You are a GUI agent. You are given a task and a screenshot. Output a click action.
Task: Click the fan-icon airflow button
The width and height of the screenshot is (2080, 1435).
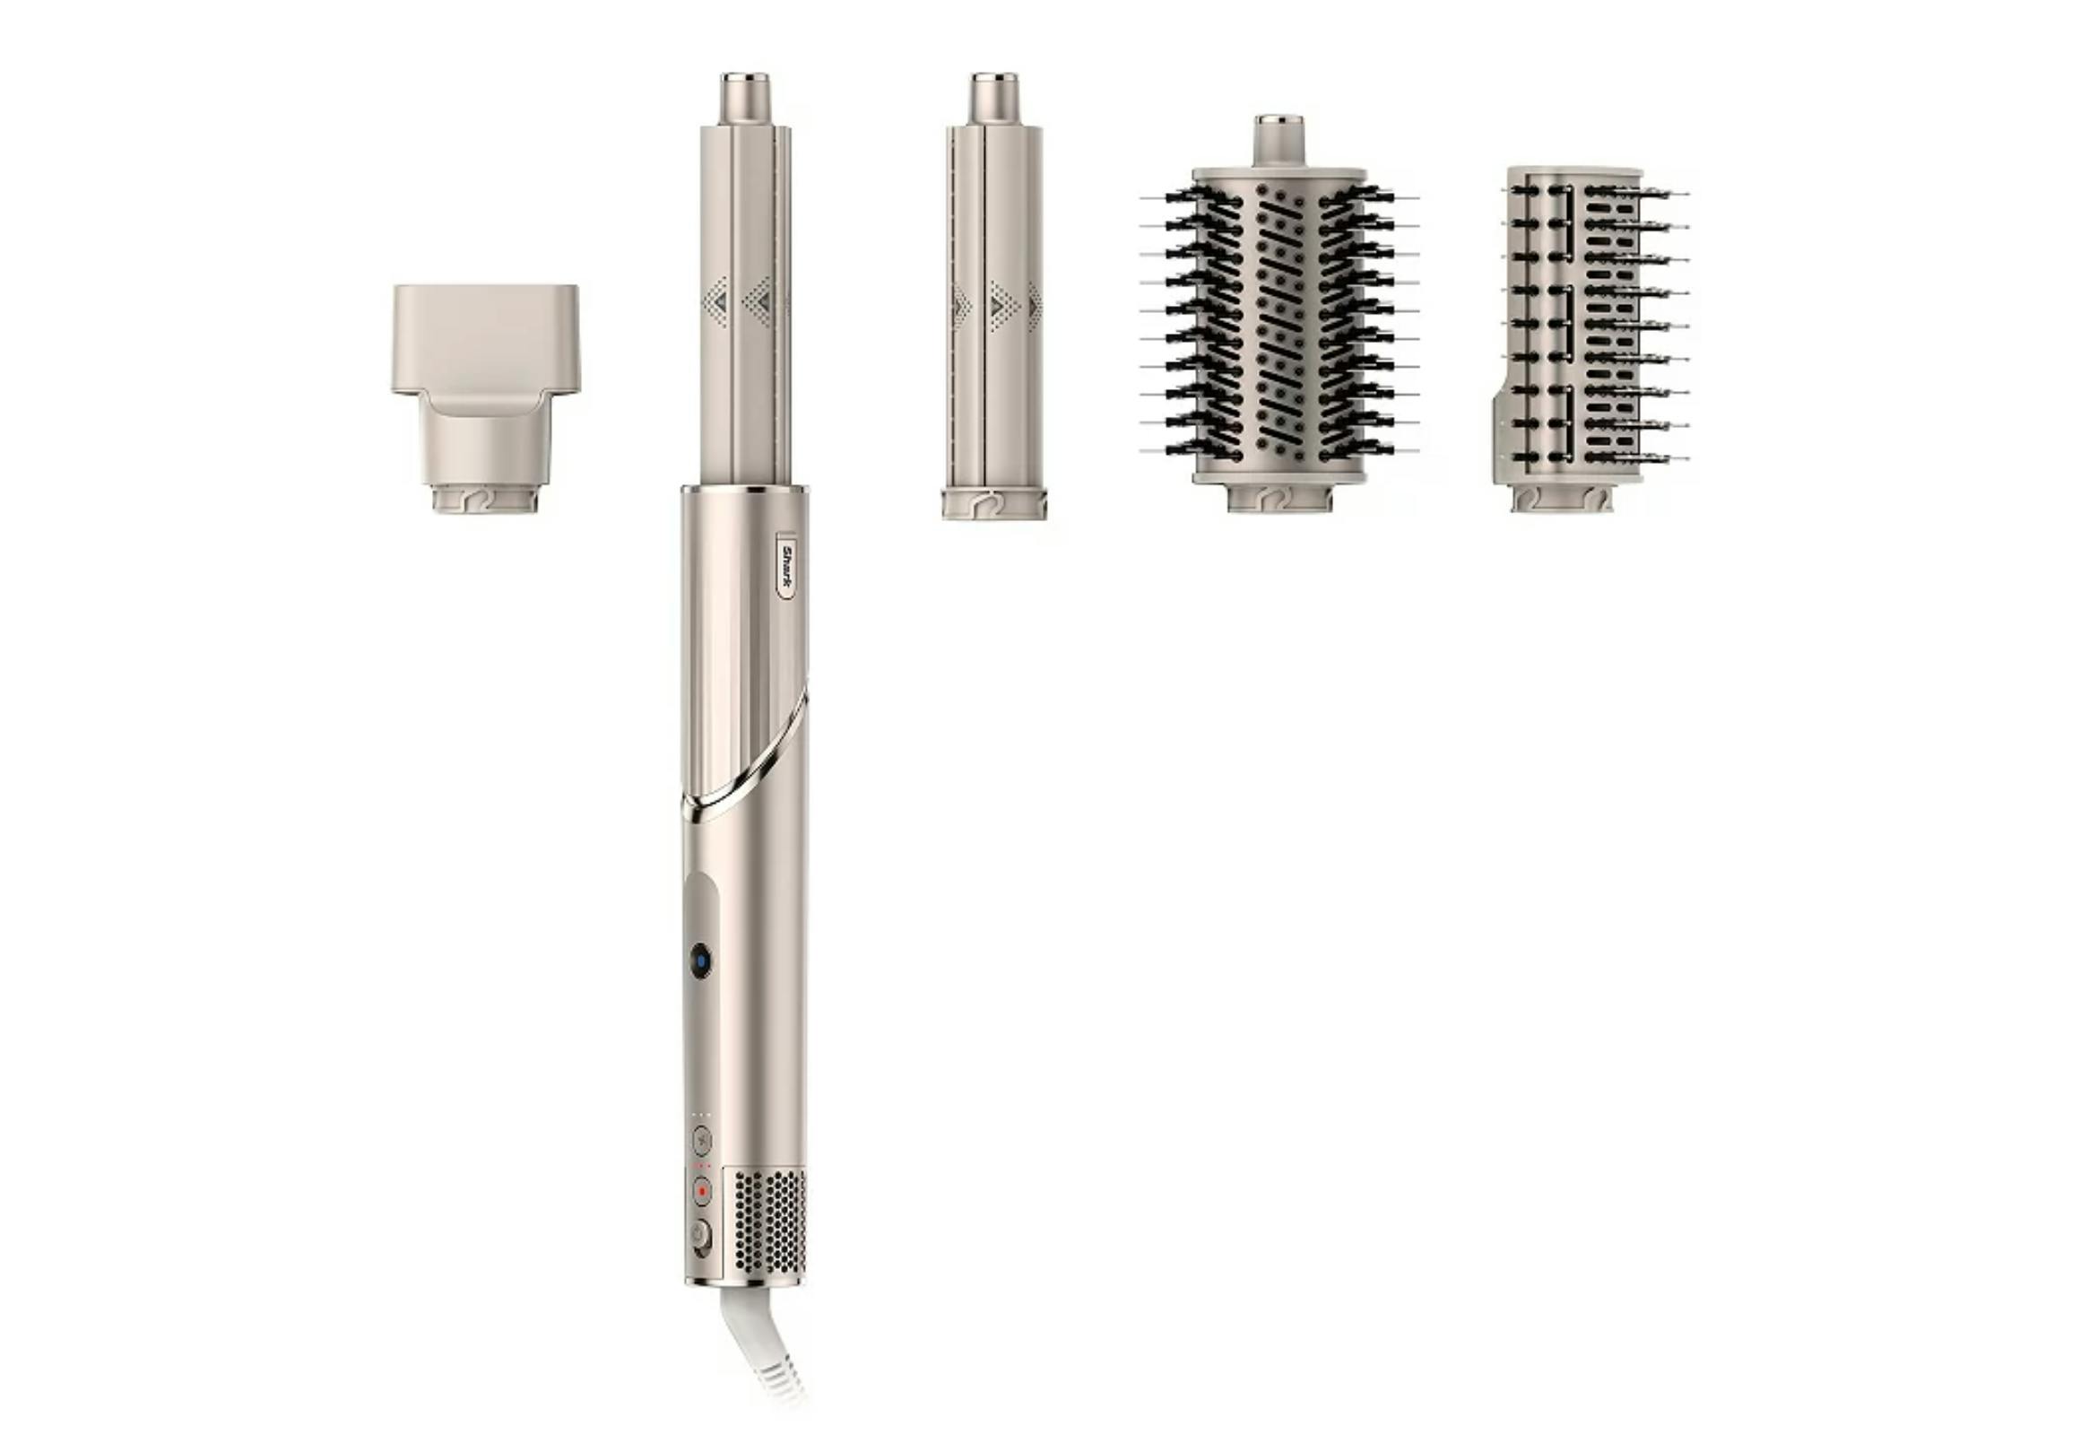(701, 1141)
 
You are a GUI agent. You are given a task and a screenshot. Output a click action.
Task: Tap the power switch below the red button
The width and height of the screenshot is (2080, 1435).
(700, 1235)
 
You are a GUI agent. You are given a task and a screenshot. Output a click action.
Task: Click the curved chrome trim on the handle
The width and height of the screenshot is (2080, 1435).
(745, 756)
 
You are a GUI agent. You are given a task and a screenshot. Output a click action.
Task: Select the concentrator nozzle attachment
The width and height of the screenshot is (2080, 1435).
(485, 399)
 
